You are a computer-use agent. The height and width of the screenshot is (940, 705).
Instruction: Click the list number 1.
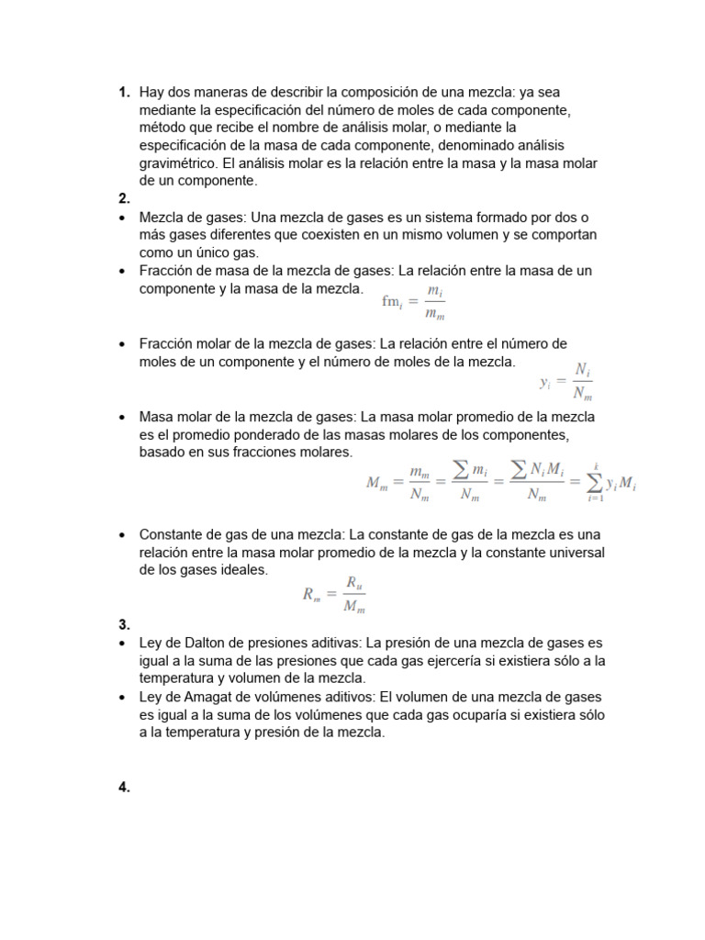[123, 93]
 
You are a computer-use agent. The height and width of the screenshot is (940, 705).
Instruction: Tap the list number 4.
[123, 787]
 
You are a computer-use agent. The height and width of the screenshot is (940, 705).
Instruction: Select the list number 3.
[123, 625]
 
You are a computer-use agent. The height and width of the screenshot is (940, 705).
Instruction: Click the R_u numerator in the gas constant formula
[355, 582]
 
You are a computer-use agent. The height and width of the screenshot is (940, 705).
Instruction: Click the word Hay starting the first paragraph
[152, 93]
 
